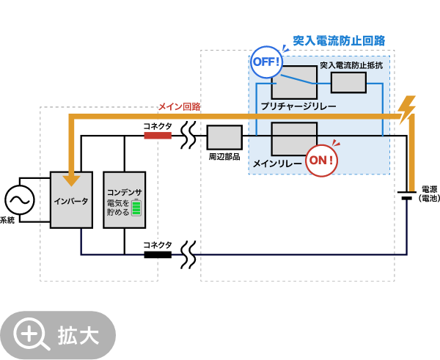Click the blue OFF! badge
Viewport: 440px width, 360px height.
(x=266, y=62)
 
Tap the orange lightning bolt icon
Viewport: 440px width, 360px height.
(x=406, y=110)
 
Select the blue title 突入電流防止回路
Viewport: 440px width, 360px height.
(x=339, y=41)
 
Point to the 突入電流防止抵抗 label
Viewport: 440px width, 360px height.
(x=351, y=65)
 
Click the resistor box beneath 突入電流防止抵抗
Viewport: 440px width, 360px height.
(x=348, y=83)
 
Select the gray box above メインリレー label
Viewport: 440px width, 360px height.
(x=294, y=139)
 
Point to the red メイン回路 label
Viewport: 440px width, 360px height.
(x=179, y=106)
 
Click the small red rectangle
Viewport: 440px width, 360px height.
(x=158, y=136)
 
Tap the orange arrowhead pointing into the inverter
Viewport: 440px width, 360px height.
(x=71, y=180)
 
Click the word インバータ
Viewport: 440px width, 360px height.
(x=71, y=201)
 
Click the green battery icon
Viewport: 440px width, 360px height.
(x=136, y=207)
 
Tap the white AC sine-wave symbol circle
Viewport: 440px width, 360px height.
(x=20, y=200)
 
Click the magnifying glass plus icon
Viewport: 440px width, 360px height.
(x=31, y=335)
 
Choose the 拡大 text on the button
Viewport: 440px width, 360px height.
(x=78, y=336)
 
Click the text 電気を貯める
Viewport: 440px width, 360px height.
(x=118, y=207)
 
